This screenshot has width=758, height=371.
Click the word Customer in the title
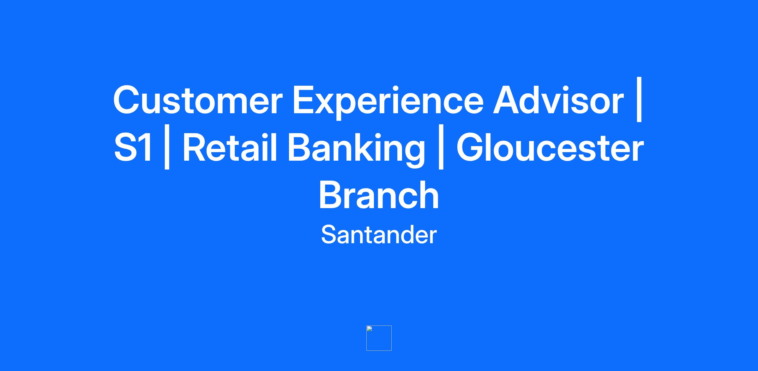click(198, 100)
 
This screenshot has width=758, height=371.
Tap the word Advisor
click(558, 99)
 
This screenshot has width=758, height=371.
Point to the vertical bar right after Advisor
click(640, 99)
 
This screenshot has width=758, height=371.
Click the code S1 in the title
click(133, 147)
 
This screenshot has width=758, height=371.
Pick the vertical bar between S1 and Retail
click(167, 147)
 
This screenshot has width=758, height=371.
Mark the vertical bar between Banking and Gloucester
click(441, 147)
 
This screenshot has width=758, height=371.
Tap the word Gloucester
click(550, 147)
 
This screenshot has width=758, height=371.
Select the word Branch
click(379, 194)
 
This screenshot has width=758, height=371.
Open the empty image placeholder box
click(379, 338)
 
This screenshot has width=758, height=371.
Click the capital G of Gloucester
click(472, 147)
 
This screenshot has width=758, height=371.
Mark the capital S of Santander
click(329, 234)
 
